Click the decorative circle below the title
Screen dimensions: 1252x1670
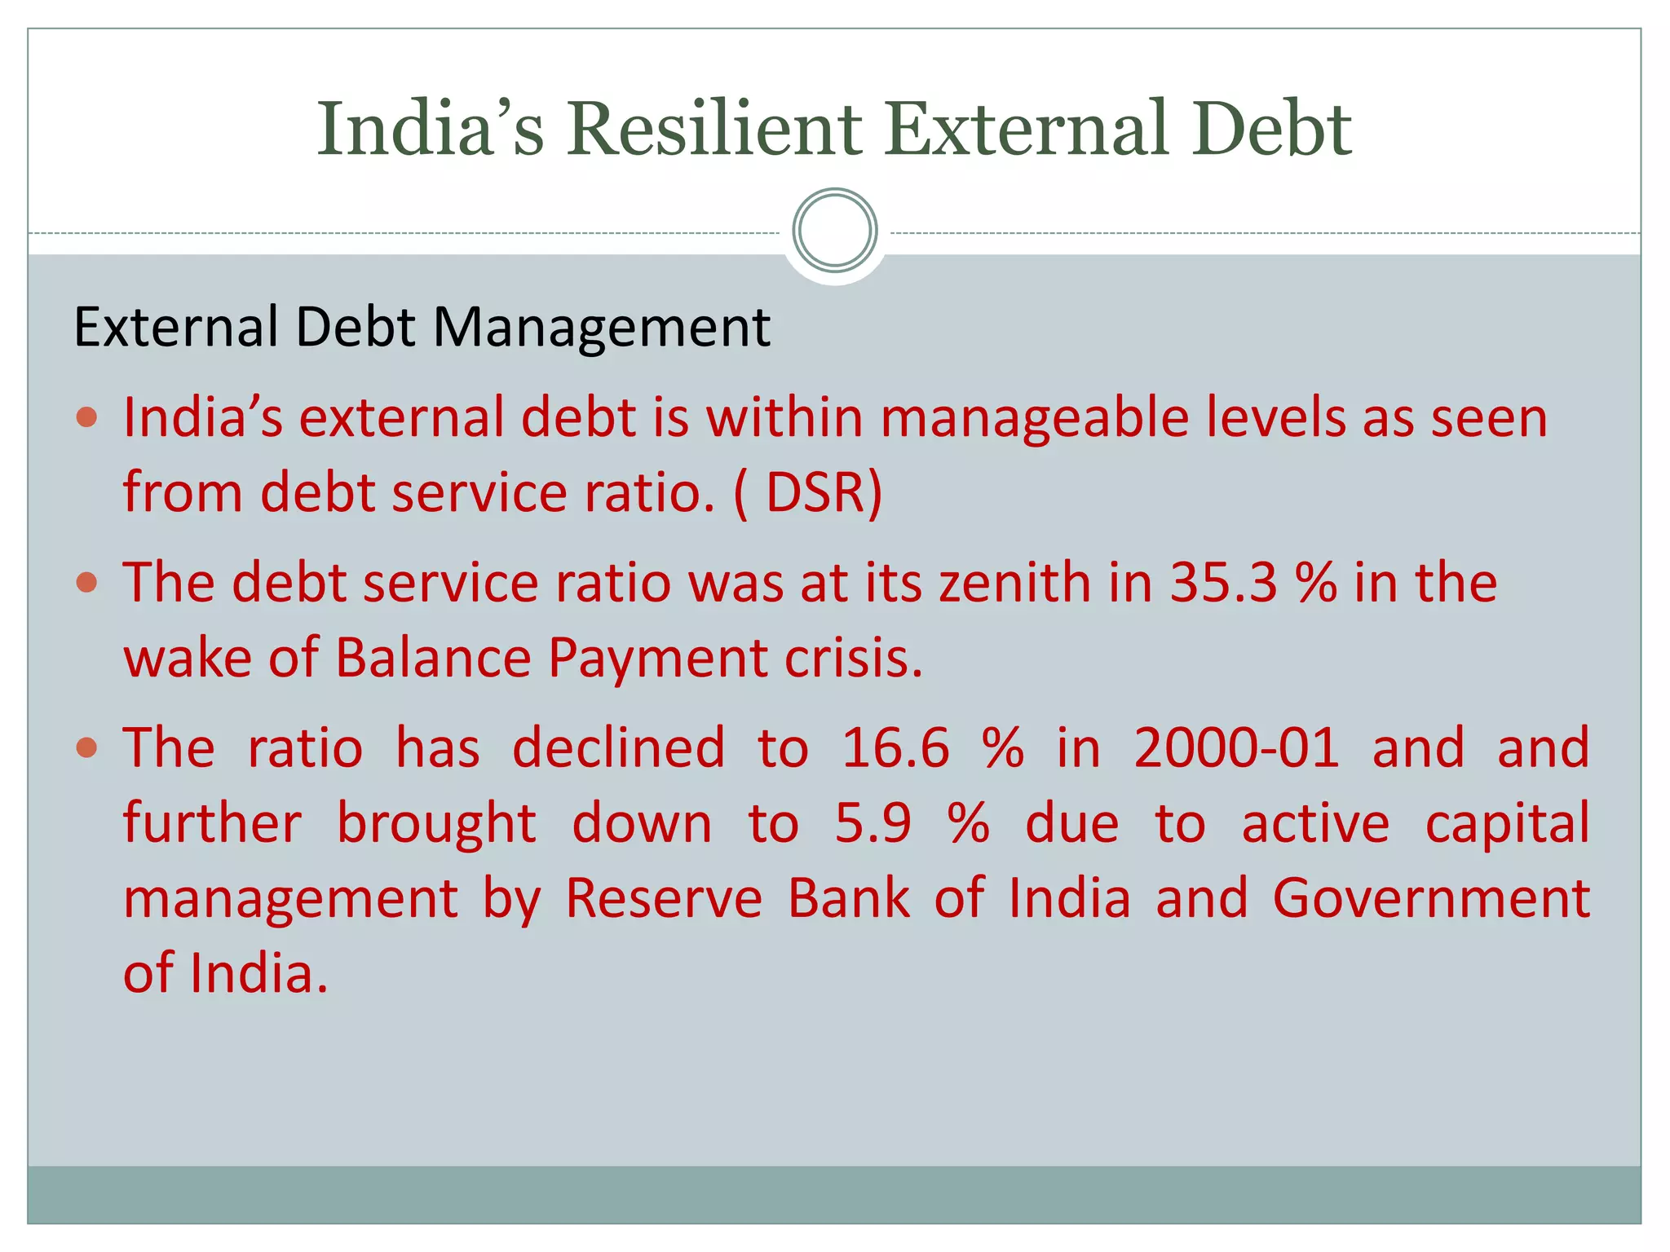(x=834, y=231)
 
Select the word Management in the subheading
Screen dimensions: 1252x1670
(x=601, y=328)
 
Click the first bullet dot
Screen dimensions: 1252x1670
(x=86, y=418)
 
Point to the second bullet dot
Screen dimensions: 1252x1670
(x=86, y=583)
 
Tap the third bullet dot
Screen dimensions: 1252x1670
(x=86, y=747)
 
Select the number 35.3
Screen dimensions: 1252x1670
(x=1223, y=583)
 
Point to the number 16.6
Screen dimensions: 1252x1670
(x=895, y=747)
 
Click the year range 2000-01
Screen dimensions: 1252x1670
(x=1236, y=747)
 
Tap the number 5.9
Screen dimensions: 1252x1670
(x=873, y=823)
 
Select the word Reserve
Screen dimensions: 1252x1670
(x=664, y=898)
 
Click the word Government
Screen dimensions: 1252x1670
(x=1431, y=898)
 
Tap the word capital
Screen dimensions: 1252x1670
(x=1507, y=823)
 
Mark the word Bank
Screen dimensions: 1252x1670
(x=848, y=898)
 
